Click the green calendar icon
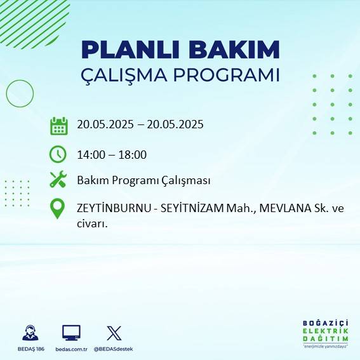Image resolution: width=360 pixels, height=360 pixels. (x=58, y=126)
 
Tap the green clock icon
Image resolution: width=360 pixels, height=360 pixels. (x=58, y=154)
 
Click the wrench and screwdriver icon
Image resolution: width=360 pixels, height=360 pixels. (x=58, y=180)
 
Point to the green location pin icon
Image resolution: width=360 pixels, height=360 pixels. (x=58, y=208)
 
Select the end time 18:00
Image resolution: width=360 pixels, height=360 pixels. (x=133, y=154)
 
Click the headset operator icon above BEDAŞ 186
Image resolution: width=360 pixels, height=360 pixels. (x=30, y=333)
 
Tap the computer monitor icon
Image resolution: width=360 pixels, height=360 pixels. (x=70, y=332)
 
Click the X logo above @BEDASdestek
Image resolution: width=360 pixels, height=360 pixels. (x=114, y=333)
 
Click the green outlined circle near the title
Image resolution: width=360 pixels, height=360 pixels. (x=19, y=93)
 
